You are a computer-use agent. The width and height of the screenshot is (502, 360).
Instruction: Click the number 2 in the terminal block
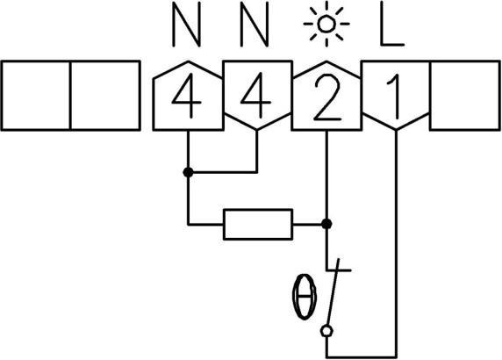[325, 100]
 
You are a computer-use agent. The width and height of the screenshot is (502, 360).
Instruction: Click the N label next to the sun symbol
[255, 29]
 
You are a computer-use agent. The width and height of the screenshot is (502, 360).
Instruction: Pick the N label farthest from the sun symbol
[186, 29]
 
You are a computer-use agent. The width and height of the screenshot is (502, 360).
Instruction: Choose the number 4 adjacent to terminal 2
[255, 100]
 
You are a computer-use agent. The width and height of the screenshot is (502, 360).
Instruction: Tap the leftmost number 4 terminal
[186, 100]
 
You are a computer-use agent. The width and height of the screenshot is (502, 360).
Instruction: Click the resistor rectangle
[258, 224]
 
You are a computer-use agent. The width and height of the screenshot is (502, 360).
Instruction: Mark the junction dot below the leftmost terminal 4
[187, 173]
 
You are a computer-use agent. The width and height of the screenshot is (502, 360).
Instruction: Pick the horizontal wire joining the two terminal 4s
[221, 173]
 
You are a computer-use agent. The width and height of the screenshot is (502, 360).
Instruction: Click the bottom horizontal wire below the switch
[361, 356]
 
